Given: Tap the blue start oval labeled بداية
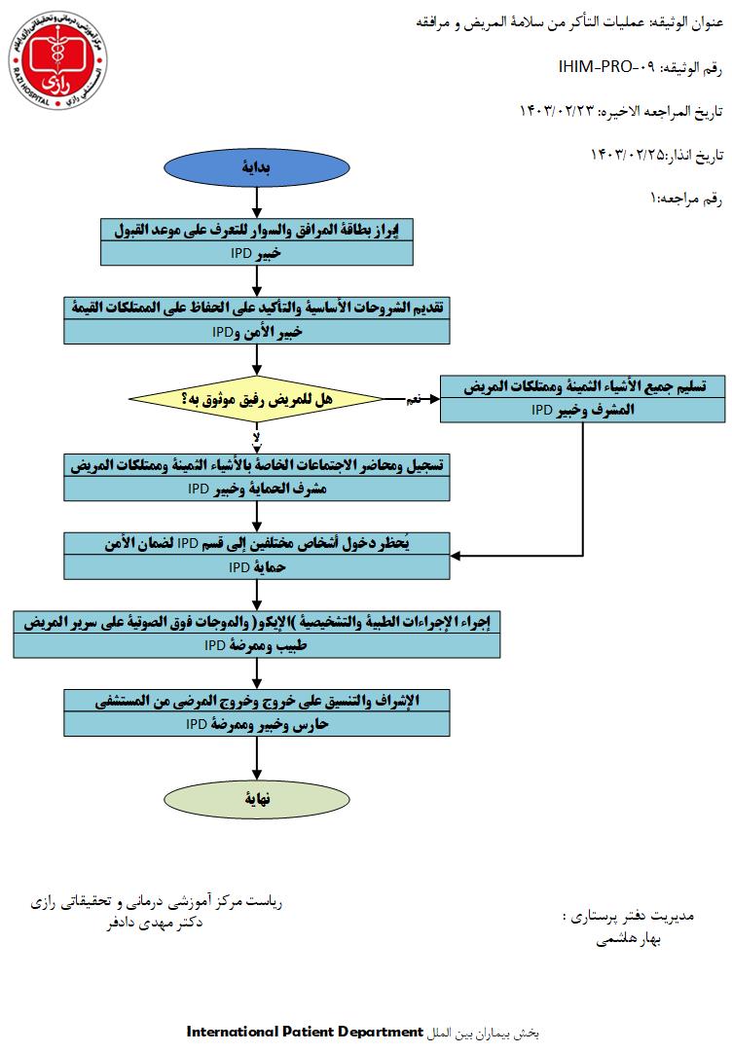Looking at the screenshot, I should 256,166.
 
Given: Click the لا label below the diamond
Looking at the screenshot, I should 256,437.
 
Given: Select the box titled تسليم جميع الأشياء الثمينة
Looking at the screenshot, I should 582,398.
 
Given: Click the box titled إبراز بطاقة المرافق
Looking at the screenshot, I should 256,240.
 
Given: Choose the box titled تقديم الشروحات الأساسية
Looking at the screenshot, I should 256,320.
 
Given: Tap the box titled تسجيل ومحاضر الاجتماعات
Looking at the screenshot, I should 256,477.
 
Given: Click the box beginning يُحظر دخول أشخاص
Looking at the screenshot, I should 256,555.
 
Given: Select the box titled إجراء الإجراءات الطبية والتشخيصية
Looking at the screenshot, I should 256,633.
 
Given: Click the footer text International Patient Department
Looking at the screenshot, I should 305,1030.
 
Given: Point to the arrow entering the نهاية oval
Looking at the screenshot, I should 256,759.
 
